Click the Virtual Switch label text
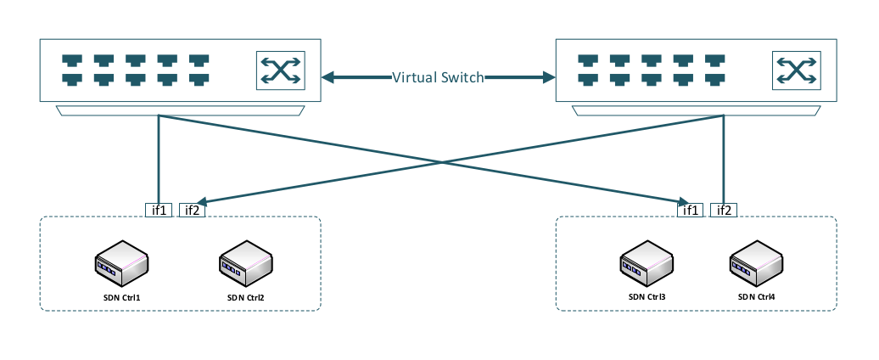pos(438,78)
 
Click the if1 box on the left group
pos(159,211)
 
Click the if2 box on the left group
pos(191,211)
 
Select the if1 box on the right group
pos(692,211)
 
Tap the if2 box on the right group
pos(725,211)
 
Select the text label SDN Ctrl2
pos(247,298)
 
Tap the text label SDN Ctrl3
pos(647,297)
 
